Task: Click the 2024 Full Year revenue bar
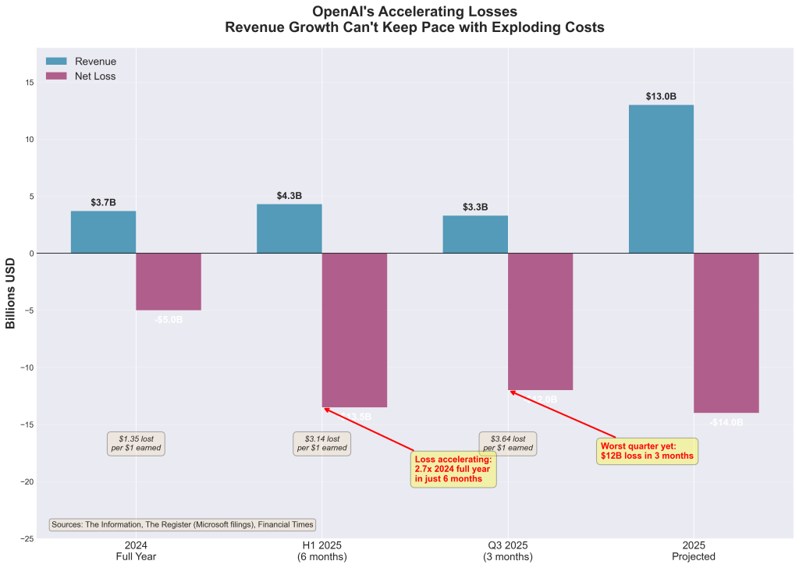coord(103,232)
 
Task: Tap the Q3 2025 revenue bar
coord(475,234)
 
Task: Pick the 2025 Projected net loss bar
coord(726,332)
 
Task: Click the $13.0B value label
coord(661,97)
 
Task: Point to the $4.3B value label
coord(289,196)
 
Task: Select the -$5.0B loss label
coord(169,320)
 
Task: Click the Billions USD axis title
coord(11,290)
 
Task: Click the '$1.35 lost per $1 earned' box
coord(136,443)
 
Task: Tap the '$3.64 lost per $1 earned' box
coord(508,443)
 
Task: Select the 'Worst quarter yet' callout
coord(647,451)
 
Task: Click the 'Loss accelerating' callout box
coord(453,468)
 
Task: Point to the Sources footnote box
coord(183,525)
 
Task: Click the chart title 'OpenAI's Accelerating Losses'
coord(414,12)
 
